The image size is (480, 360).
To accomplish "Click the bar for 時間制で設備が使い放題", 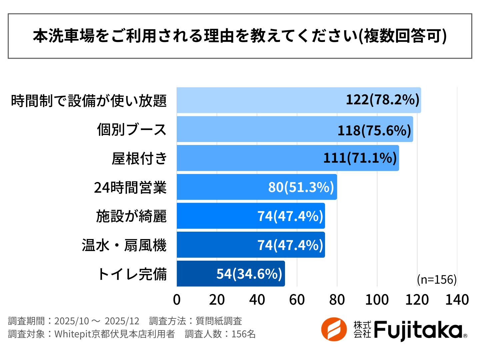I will click(x=260, y=100).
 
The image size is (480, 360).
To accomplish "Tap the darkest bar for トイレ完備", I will click(x=197, y=274).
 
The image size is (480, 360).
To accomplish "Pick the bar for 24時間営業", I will click(x=220, y=187).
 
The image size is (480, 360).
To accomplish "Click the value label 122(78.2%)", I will click(x=382, y=100).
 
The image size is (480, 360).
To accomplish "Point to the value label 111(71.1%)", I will click(x=360, y=158).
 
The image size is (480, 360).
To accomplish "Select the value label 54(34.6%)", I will click(x=249, y=274).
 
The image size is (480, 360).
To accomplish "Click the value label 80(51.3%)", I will click(x=301, y=187).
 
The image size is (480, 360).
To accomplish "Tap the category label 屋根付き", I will click(x=139, y=158).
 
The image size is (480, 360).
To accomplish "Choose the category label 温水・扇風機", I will click(x=124, y=245).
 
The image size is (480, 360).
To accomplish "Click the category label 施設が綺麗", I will click(x=131, y=216).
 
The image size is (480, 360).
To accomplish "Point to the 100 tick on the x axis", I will click(x=377, y=300).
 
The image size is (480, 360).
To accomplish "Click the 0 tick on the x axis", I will click(x=177, y=300).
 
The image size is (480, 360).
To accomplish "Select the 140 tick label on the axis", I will click(x=457, y=300).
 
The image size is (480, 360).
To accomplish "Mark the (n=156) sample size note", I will click(x=437, y=279).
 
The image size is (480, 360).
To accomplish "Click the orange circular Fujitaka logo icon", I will click(x=334, y=329).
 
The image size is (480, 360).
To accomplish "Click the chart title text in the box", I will click(x=240, y=36).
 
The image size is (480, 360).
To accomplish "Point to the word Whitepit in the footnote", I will click(x=72, y=334).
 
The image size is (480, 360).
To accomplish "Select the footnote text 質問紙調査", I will click(x=219, y=321).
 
